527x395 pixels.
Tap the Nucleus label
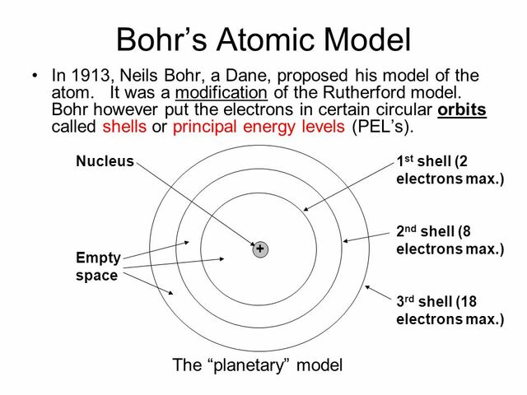click(105, 161)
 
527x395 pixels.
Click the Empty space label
click(98, 267)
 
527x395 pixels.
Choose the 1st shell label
click(449, 170)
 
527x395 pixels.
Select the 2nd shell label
click(449, 239)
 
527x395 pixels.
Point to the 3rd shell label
click(449, 309)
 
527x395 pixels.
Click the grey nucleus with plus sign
click(260, 249)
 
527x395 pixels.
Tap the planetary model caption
click(256, 365)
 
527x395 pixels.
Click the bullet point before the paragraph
click(34, 76)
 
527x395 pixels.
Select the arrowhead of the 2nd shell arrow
click(346, 241)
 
